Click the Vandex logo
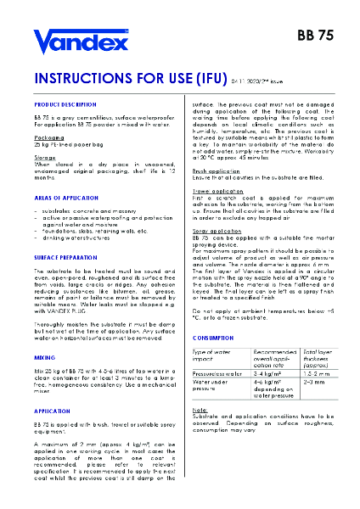(80, 40)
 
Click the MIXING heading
(44, 360)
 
